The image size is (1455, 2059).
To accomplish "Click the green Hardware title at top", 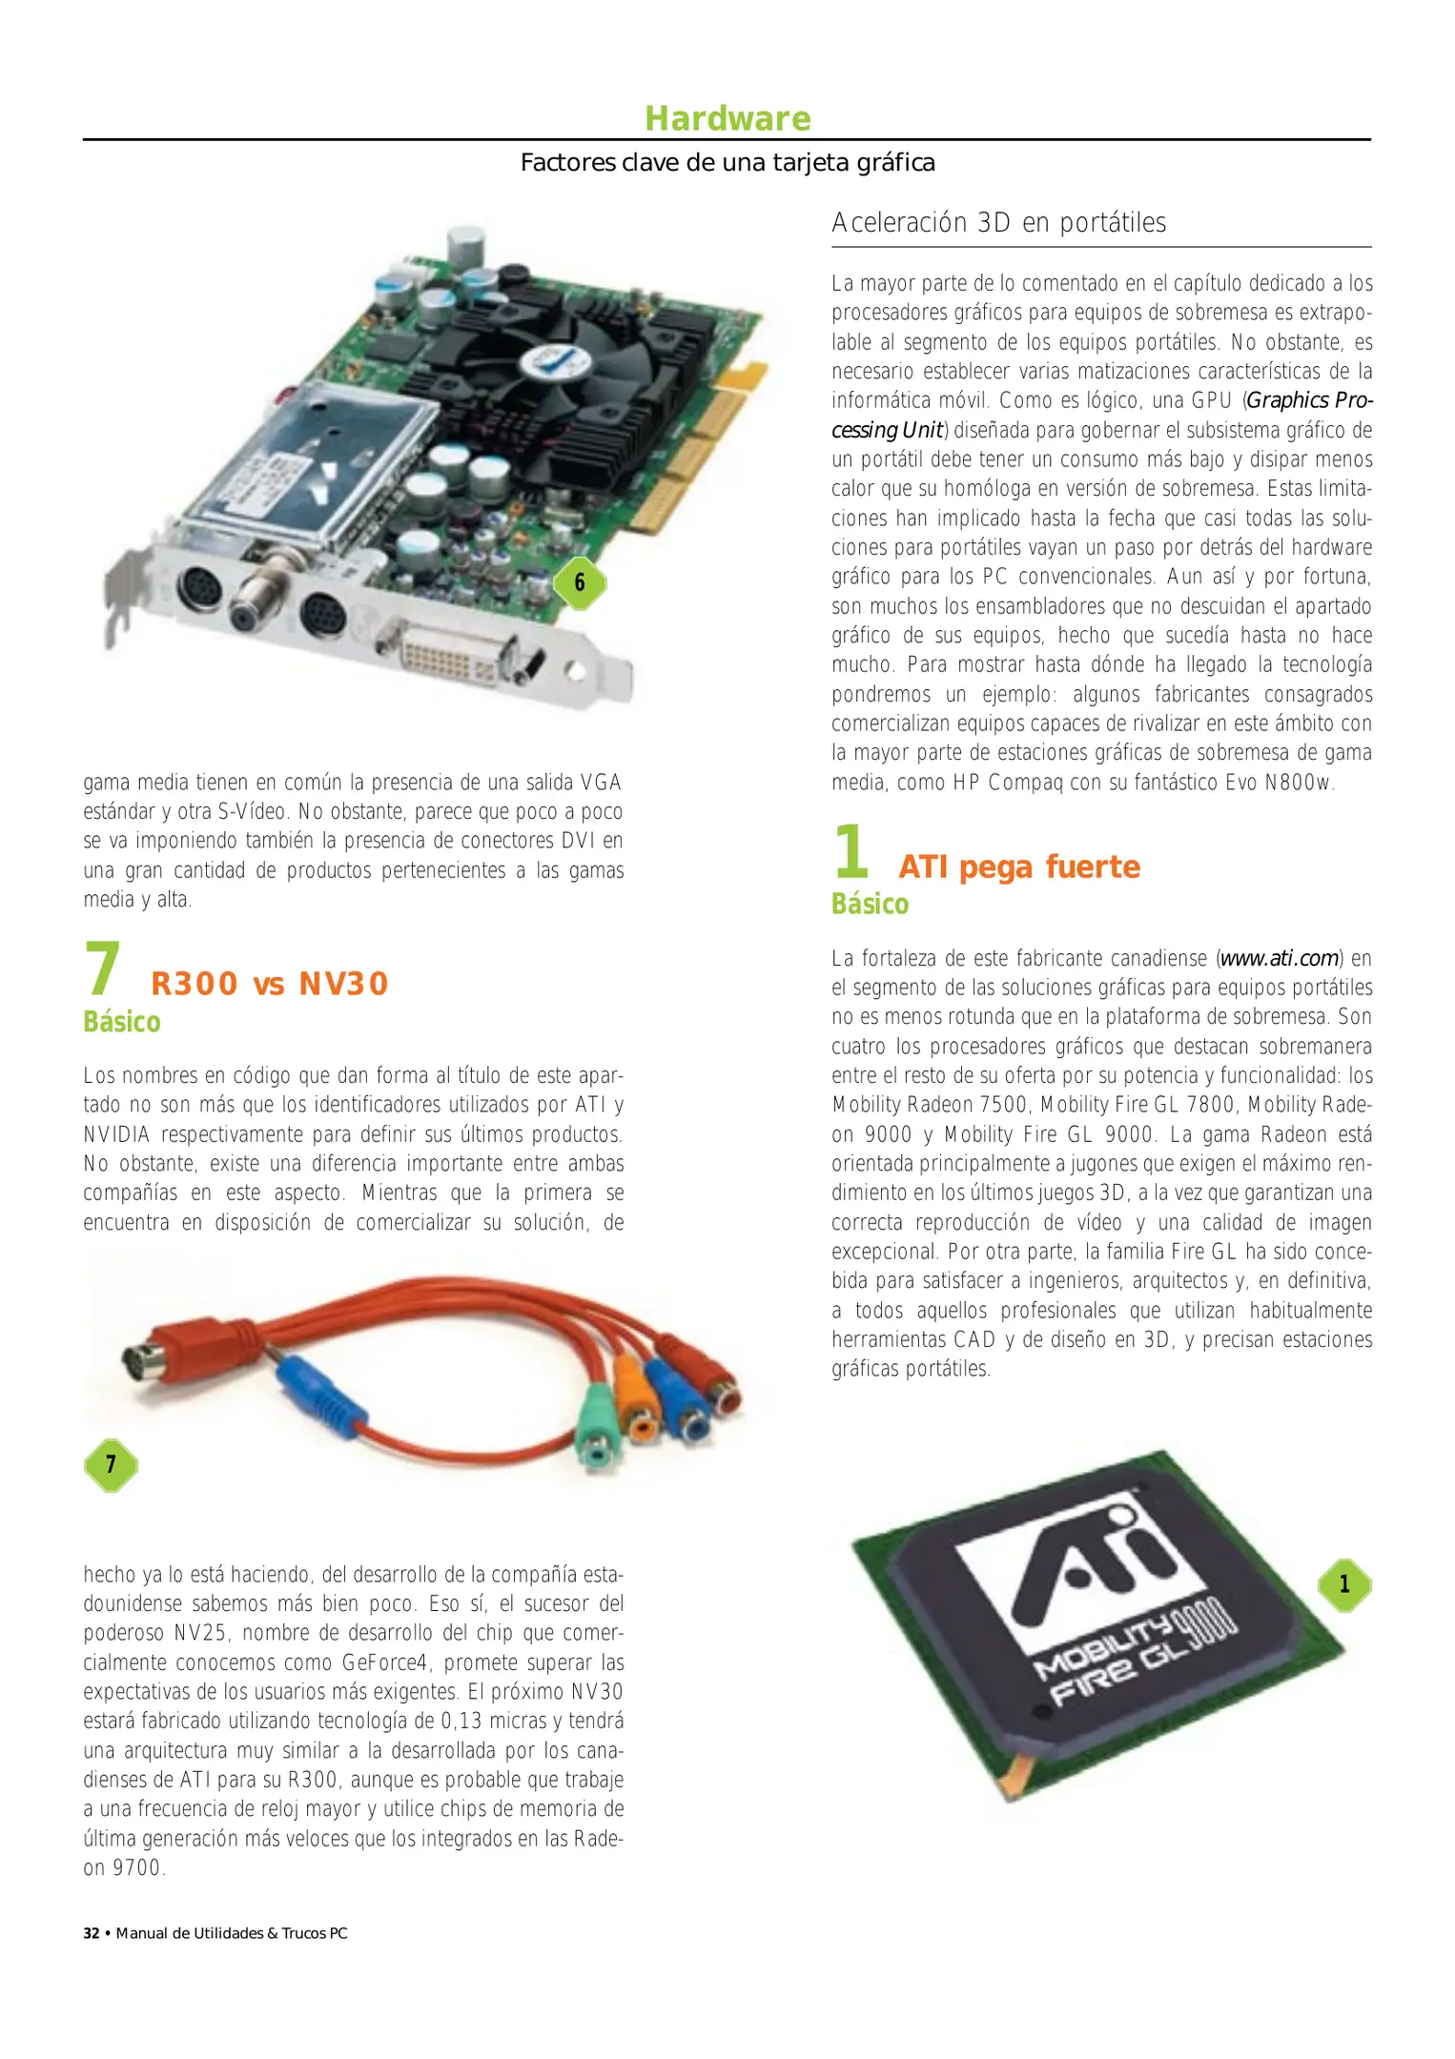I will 727,118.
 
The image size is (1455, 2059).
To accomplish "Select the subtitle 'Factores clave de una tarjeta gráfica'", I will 727,163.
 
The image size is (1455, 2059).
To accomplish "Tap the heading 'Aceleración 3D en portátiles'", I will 998,223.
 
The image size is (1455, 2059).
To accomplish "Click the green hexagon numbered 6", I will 580,582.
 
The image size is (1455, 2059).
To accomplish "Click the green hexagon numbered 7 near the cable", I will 111,1464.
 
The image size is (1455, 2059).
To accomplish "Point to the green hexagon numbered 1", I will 1344,1584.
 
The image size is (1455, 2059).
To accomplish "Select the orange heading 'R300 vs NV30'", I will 270,984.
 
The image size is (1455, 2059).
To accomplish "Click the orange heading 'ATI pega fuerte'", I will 1018,866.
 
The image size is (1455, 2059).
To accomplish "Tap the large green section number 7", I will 102,968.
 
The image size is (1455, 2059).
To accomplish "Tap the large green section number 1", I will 851,851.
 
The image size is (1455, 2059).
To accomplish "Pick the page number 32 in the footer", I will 92,1933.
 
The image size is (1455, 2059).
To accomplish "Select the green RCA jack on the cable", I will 599,1427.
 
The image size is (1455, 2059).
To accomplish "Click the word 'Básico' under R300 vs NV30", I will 122,1022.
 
